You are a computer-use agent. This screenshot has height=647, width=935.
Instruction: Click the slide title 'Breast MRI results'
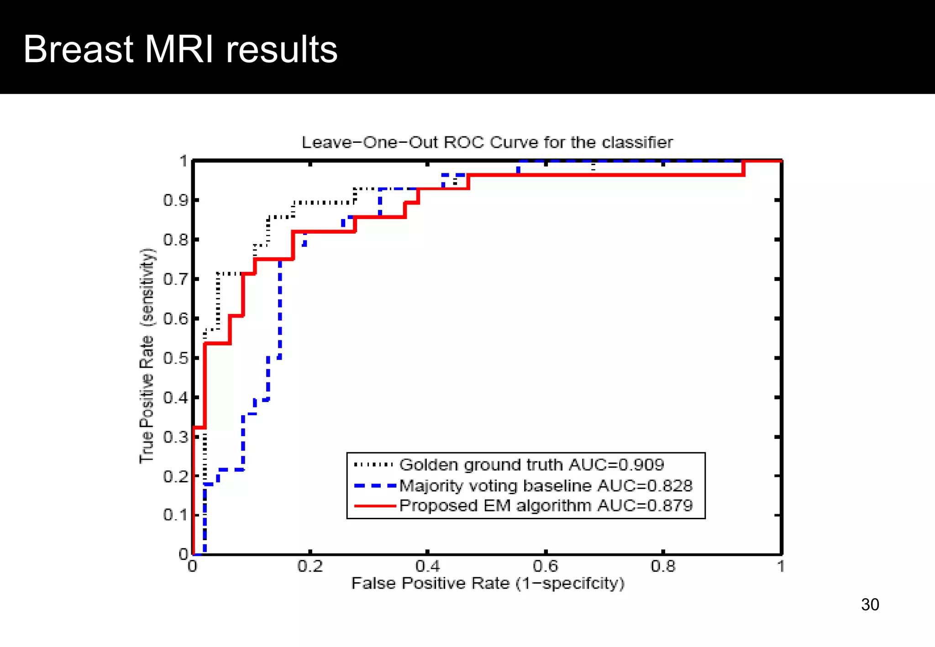coord(180,49)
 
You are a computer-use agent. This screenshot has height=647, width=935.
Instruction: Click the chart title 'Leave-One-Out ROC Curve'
coord(487,142)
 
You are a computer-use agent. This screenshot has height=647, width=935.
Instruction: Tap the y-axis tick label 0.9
coord(176,200)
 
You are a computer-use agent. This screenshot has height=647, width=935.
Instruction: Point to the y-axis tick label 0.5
coord(176,358)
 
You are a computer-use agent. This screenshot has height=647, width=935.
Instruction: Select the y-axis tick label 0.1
coord(176,516)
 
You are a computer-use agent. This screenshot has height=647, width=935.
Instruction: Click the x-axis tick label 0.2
coord(310,567)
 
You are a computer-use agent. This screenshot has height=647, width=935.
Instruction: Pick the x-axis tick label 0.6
coord(546,567)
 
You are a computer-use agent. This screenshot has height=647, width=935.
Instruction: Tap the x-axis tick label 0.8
coord(663,567)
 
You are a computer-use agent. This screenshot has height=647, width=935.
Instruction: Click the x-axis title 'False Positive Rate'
coord(487,584)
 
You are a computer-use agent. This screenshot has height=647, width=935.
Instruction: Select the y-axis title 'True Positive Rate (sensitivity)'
coord(147,356)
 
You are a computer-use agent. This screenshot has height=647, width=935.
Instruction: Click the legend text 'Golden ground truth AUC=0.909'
coord(531,465)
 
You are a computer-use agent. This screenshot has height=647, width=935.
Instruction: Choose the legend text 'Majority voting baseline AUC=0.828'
coord(546,486)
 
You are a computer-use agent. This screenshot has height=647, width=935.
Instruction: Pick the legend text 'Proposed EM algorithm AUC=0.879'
coord(546,506)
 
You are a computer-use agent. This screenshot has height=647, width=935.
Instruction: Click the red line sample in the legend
coord(374,506)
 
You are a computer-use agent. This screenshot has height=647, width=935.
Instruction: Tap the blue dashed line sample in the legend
coord(374,486)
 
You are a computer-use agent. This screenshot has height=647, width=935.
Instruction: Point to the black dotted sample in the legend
coord(373,465)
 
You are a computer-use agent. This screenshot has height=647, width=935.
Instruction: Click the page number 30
coord(870,605)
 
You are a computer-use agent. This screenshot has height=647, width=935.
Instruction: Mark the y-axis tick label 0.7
coord(176,279)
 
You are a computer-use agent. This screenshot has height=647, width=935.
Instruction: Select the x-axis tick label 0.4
coord(428,567)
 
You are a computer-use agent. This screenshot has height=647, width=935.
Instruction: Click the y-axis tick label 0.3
coord(176,437)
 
